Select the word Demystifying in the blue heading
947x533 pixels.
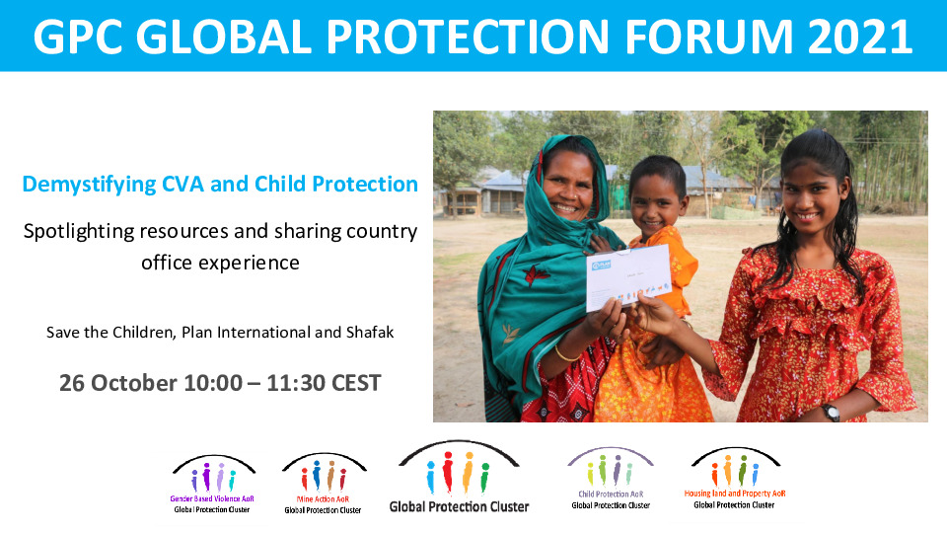[x=89, y=185]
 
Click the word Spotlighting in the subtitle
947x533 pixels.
[x=78, y=232]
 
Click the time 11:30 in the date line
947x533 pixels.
[x=295, y=383]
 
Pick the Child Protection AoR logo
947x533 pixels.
[x=611, y=478]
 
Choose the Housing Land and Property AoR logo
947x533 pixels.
[x=735, y=478]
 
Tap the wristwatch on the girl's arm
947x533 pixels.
[x=831, y=412]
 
